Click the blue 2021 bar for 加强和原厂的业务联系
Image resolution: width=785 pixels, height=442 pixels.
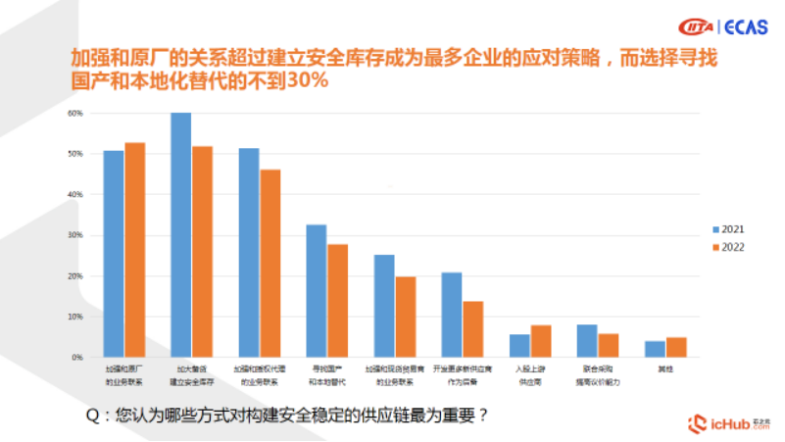click(x=114, y=254)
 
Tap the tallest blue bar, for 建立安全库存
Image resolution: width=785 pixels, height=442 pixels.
click(x=181, y=234)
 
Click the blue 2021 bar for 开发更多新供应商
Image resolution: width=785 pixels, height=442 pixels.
click(x=452, y=315)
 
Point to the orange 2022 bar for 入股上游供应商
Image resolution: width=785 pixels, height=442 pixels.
click(x=541, y=341)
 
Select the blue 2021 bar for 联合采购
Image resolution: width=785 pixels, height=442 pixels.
click(x=587, y=341)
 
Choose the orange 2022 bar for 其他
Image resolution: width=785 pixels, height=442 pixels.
click(x=676, y=347)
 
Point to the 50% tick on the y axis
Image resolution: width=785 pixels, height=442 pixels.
click(x=74, y=154)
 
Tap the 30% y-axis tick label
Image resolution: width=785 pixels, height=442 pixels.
click(x=74, y=235)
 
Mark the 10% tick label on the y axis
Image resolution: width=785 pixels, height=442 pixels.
click(x=74, y=317)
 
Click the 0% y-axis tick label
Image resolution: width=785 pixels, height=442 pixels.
click(x=76, y=358)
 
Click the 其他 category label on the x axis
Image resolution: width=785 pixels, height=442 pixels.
click(x=666, y=369)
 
